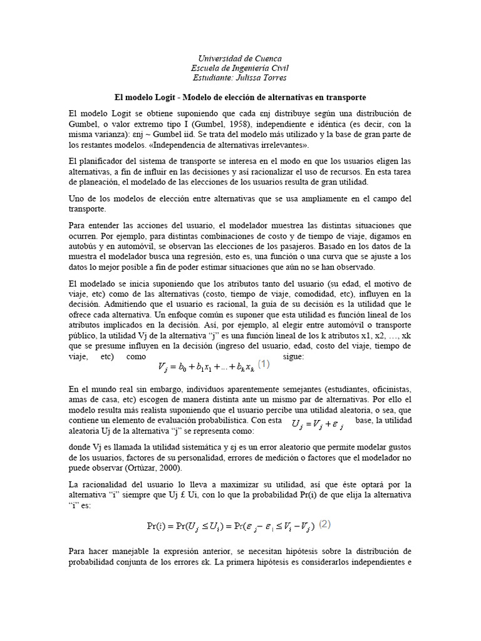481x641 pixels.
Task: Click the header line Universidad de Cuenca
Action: click(x=240, y=58)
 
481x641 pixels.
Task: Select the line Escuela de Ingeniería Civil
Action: click(x=240, y=68)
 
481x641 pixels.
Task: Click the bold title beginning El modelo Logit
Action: click(x=240, y=98)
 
